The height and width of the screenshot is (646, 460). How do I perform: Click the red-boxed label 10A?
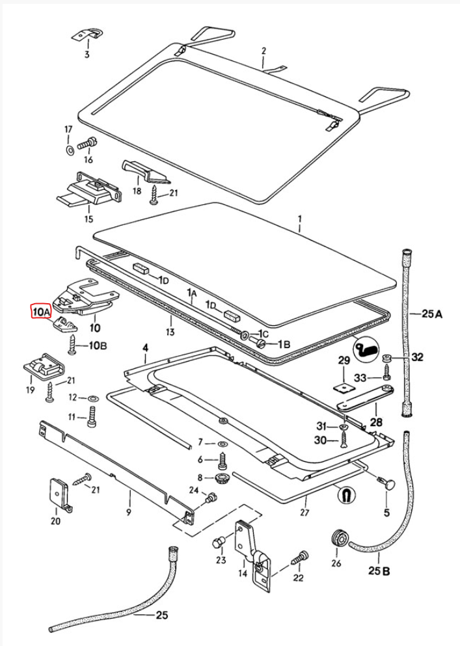tap(40, 313)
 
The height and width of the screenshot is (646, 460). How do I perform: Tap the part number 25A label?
tap(431, 314)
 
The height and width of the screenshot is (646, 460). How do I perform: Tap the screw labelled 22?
tap(301, 558)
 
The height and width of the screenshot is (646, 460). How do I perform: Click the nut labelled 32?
tap(386, 358)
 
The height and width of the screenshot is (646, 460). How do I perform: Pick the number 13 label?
tap(170, 332)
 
